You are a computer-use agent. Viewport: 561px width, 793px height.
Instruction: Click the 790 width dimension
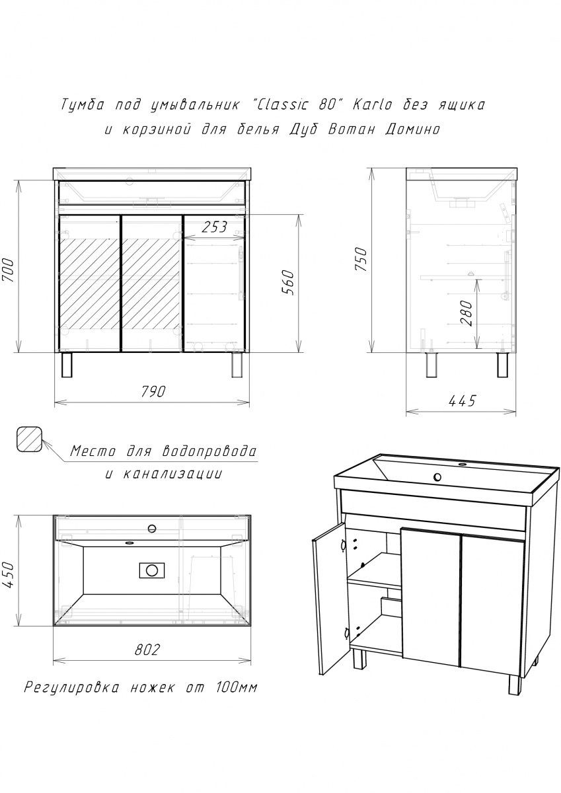click(153, 391)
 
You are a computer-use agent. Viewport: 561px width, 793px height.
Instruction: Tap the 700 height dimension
click(9, 270)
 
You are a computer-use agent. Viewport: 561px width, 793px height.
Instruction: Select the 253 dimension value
click(215, 227)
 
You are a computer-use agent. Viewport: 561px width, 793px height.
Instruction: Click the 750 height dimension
click(361, 260)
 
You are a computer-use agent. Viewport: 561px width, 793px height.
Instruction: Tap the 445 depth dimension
click(463, 401)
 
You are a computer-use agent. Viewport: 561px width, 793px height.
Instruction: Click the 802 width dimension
click(147, 650)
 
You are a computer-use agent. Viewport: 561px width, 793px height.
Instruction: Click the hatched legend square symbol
click(30, 439)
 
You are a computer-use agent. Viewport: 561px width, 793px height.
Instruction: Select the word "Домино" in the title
click(413, 130)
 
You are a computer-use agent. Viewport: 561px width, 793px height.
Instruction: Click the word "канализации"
click(172, 474)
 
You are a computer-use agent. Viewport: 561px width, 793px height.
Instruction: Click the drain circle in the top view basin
click(152, 570)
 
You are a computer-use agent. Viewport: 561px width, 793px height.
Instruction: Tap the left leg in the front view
click(67, 365)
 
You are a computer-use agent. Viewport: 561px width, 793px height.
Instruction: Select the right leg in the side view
click(502, 365)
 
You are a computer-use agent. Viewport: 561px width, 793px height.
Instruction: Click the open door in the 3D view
click(328, 599)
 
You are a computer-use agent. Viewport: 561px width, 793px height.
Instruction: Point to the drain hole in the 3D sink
click(438, 477)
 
